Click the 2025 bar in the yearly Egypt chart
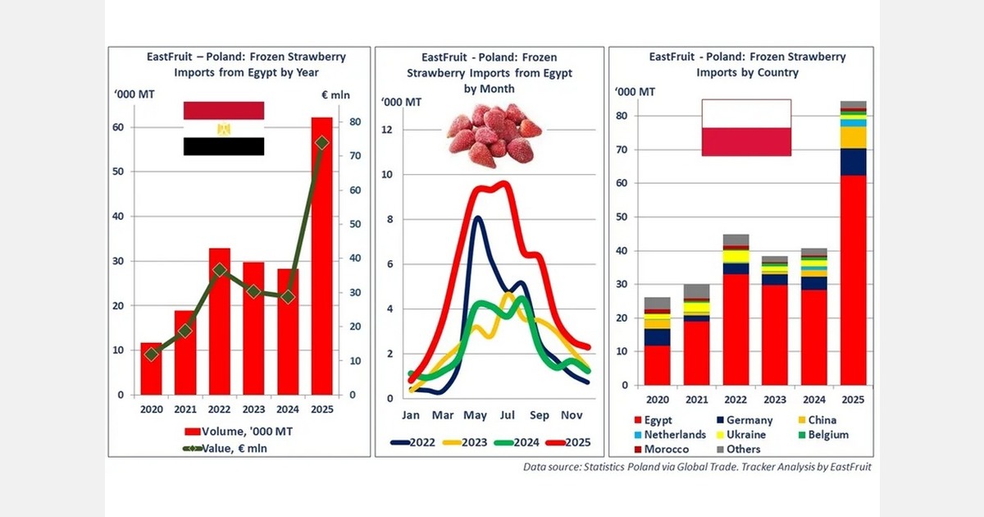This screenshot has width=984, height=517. (321, 256)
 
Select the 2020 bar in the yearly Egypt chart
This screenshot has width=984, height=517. (151, 368)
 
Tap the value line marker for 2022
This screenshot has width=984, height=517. (220, 270)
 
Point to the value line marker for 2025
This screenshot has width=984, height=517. (321, 143)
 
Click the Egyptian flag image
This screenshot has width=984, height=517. (224, 129)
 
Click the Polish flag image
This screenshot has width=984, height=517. (745, 127)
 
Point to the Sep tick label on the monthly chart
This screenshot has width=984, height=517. (540, 415)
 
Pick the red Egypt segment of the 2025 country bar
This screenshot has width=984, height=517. (853, 280)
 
